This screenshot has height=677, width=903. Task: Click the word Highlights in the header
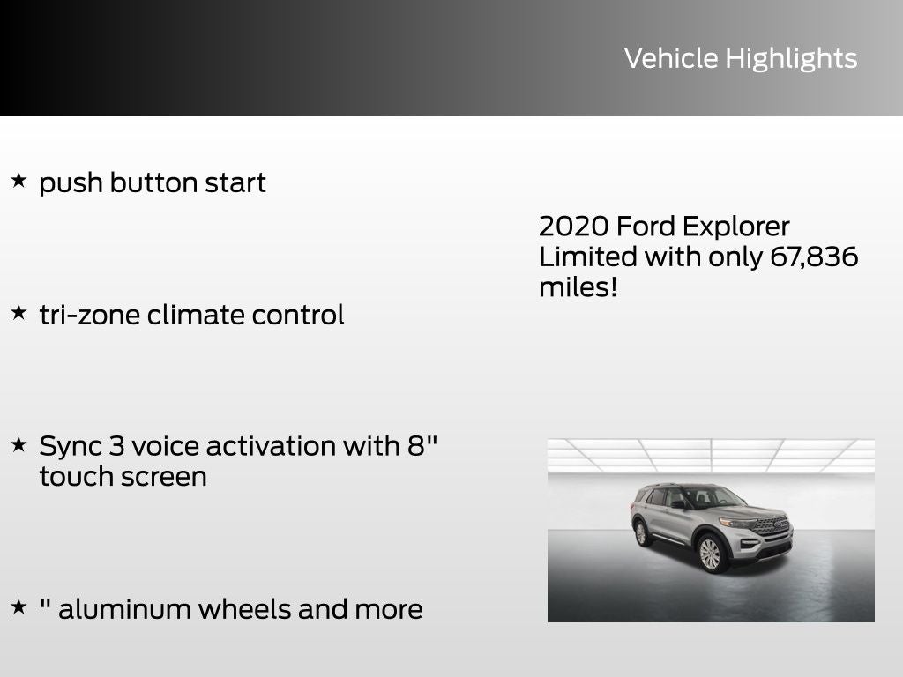[x=791, y=59]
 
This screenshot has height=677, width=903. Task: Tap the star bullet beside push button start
[x=19, y=181]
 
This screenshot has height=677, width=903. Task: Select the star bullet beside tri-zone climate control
[x=19, y=312]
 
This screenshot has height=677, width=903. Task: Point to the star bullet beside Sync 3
[x=19, y=444]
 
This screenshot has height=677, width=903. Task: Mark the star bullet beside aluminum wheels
[x=19, y=606]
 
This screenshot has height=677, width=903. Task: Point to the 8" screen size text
[x=422, y=445]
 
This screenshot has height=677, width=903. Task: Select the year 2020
[x=573, y=227]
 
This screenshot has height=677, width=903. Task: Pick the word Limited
[x=588, y=257]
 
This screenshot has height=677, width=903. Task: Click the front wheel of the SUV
[x=710, y=554]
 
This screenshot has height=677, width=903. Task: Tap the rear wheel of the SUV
[x=641, y=533]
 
